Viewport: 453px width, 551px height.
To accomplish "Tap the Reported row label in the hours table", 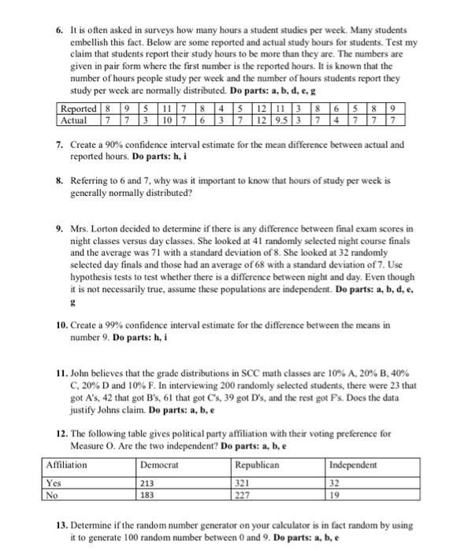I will click(x=80, y=109).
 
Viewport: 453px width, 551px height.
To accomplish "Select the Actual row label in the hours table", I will click(x=76, y=120).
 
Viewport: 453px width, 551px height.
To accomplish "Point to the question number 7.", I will click(x=48, y=145).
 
